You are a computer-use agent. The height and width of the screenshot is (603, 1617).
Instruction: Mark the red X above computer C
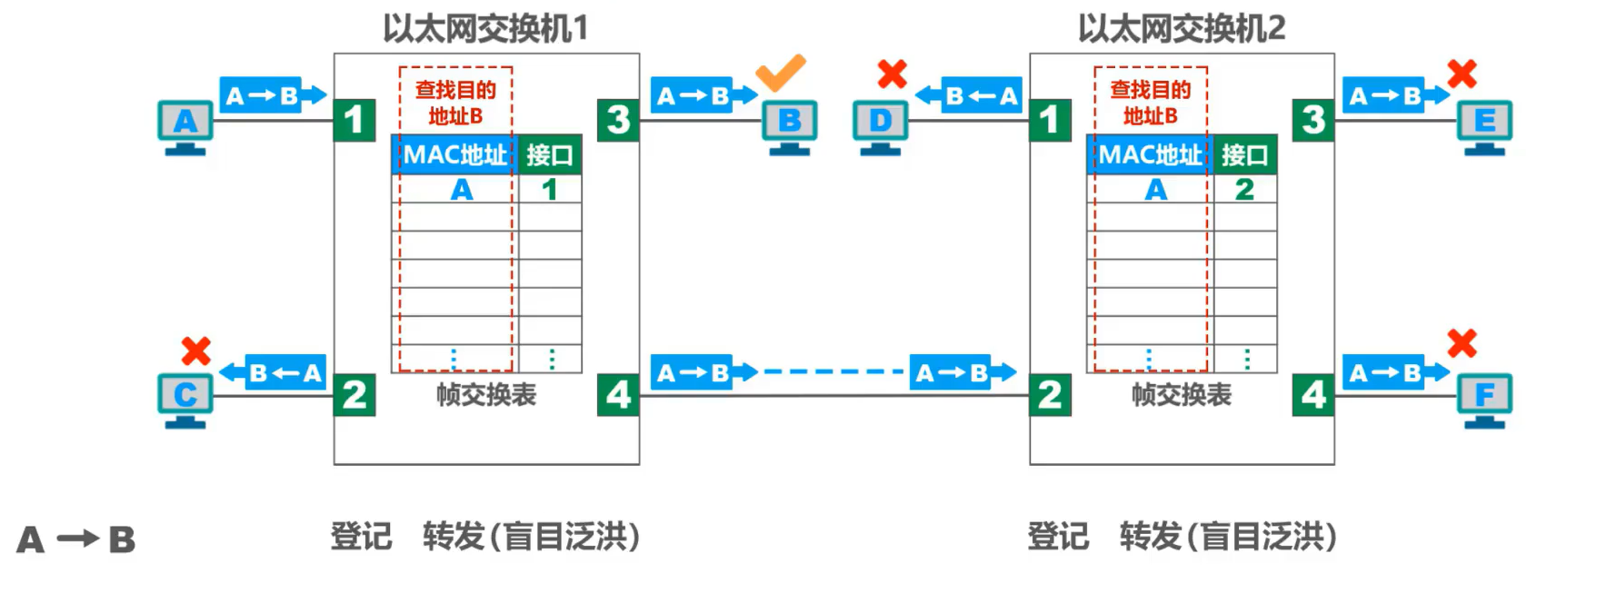click(195, 351)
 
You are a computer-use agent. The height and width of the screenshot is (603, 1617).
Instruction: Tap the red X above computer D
click(892, 74)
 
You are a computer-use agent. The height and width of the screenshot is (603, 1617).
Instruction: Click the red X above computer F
click(1462, 343)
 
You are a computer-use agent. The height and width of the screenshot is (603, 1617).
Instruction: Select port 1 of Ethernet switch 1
click(354, 120)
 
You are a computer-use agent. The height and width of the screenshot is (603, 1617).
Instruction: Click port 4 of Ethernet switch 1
click(618, 395)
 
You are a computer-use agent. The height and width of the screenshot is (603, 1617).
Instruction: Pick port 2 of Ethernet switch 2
click(1050, 395)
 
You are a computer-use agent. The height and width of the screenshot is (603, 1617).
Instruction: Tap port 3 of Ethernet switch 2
click(1313, 120)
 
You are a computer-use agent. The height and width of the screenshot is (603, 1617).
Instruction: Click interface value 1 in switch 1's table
click(549, 189)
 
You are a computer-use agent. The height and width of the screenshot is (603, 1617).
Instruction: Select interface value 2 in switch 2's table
click(1244, 189)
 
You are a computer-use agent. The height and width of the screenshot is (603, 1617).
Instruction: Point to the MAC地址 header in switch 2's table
click(1150, 155)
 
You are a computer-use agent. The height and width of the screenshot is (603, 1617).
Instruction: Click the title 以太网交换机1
click(485, 28)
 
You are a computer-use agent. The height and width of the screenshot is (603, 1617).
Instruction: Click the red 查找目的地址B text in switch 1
click(455, 103)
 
